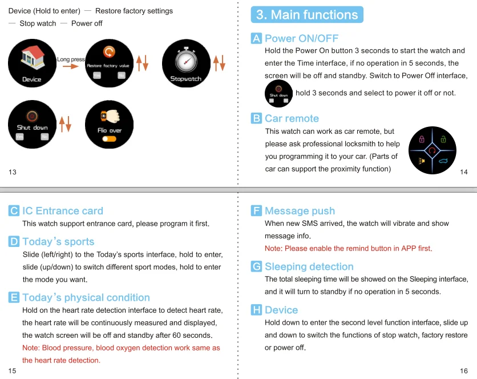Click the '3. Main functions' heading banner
(307, 14)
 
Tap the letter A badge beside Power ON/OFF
(257, 38)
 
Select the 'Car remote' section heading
(292, 118)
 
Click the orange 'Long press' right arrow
(70, 66)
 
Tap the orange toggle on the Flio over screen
(110, 139)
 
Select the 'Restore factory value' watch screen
(108, 63)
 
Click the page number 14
(463, 172)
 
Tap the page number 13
(13, 172)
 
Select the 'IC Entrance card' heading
(62, 211)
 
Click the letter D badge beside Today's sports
(14, 241)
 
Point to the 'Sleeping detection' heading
(309, 266)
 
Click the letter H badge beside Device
(256, 310)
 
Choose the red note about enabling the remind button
(348, 248)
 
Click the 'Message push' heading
(300, 211)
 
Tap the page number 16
(463, 370)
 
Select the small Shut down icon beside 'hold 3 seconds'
(278, 94)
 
